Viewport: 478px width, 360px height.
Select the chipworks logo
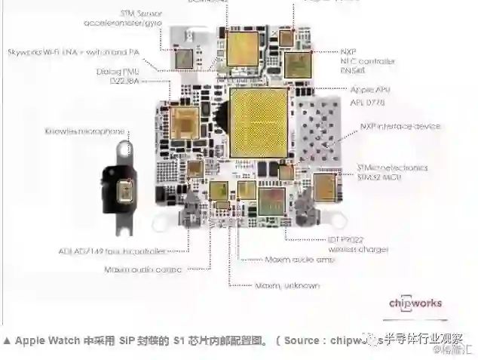(x=415, y=303)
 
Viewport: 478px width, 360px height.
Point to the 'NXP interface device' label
(x=399, y=126)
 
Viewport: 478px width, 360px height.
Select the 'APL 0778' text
(x=368, y=100)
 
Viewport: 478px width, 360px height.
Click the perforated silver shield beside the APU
(x=320, y=128)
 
